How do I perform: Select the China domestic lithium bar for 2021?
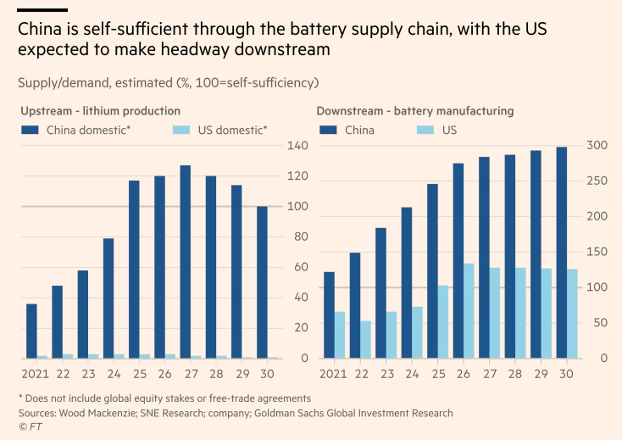[31, 331]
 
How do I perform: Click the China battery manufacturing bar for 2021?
[329, 315]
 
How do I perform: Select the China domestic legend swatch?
[31, 131]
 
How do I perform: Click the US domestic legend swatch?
[180, 131]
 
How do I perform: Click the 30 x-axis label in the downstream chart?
[566, 374]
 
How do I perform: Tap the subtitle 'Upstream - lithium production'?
[100, 111]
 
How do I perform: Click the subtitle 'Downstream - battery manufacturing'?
[415, 111]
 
